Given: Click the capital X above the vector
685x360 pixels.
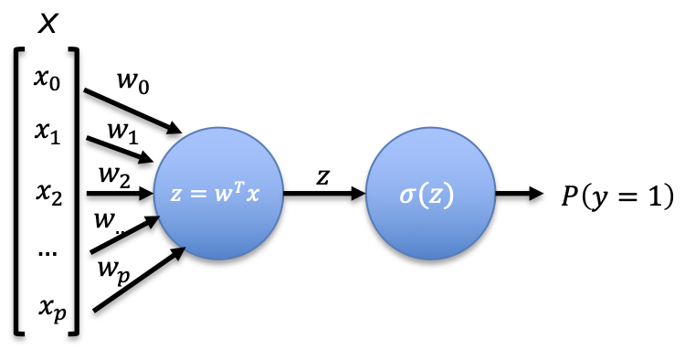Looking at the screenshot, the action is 47,24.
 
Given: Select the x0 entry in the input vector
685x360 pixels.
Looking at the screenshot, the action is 47,79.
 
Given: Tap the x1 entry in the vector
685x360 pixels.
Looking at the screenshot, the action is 47,132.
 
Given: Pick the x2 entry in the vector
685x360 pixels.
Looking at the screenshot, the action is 48,194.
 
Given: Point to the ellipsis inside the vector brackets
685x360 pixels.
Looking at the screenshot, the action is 47,253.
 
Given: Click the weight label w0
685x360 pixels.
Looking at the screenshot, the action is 133,81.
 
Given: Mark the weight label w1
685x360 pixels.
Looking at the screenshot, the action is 123,132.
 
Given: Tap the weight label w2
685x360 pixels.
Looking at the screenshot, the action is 114,175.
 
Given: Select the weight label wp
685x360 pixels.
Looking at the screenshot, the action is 113,270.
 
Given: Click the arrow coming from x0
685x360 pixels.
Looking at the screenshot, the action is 132,111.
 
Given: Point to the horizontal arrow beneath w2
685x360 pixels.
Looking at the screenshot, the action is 120,193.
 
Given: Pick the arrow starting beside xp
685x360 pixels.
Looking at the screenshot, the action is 140,280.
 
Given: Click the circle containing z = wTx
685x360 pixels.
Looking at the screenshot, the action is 218,194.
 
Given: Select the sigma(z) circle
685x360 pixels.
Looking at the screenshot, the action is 430,194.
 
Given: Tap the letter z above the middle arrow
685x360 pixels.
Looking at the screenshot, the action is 322,177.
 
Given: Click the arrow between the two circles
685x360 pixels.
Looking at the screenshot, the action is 324,193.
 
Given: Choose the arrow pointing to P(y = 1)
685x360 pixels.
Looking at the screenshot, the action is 519,193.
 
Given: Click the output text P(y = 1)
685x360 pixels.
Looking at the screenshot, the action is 617,196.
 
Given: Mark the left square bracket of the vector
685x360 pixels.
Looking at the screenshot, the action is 17,191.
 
